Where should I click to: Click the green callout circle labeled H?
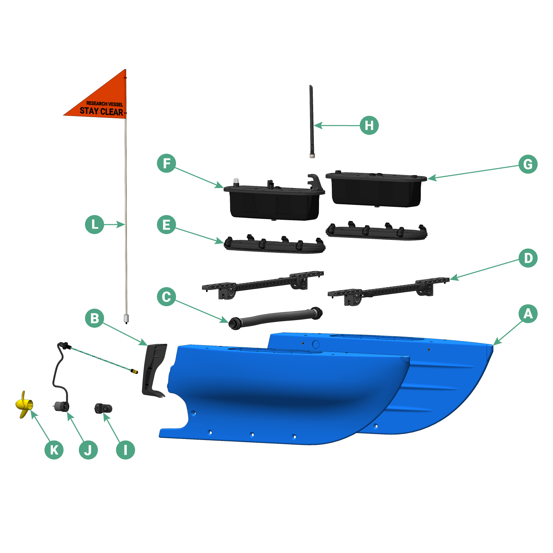369,125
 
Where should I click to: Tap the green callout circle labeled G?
528,164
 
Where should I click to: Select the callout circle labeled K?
54,450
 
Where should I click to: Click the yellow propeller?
24,404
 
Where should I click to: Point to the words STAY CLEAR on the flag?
101,111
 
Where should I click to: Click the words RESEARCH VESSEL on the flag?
104,104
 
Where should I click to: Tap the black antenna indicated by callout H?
311,121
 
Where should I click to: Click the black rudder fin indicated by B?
153,370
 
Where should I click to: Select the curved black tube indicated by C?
276,317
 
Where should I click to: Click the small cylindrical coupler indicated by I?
103,409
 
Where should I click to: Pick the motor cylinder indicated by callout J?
62,406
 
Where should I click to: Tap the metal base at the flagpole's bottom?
126,318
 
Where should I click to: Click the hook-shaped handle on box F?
315,181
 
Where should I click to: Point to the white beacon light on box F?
236,181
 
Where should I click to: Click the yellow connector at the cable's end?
134,371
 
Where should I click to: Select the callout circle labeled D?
528,258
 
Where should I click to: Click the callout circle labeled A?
528,314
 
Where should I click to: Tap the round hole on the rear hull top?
316,344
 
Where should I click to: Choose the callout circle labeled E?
166,225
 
